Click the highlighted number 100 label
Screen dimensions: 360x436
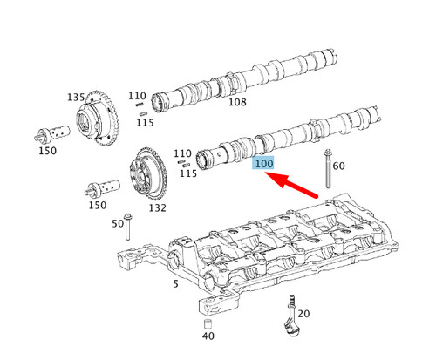tap(263, 163)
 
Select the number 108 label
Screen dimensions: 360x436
tap(237, 102)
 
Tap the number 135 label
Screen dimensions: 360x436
tap(78, 97)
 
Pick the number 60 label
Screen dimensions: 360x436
tap(339, 166)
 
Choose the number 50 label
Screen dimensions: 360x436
tap(118, 224)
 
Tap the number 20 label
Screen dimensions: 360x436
tap(304, 313)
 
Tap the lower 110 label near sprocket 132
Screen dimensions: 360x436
tap(183, 153)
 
